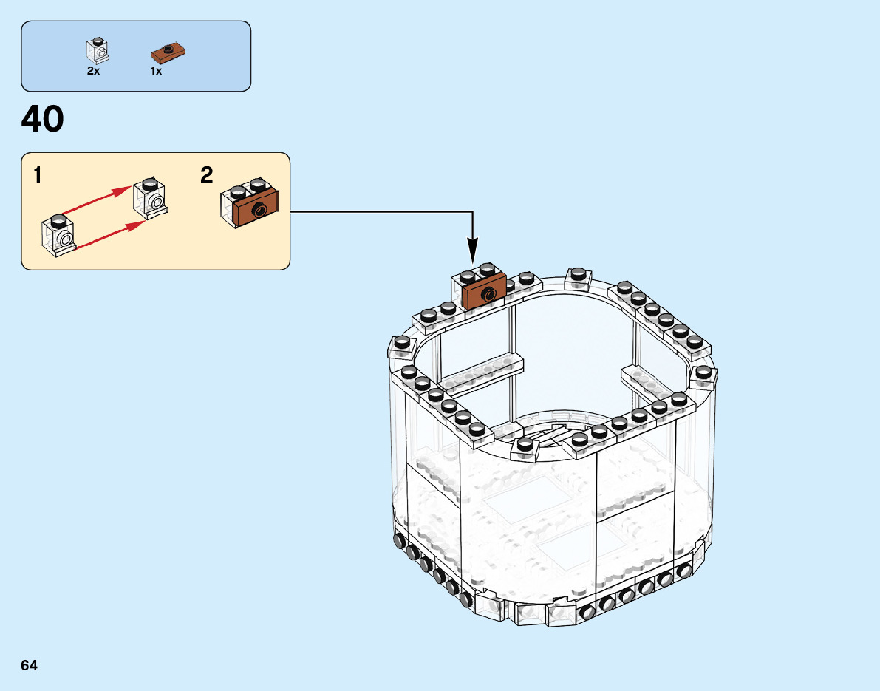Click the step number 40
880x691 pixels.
[x=43, y=120]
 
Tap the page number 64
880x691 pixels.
[x=30, y=665]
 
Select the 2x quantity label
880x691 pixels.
[x=93, y=72]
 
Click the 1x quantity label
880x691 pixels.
[x=156, y=72]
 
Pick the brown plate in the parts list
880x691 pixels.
[x=168, y=52]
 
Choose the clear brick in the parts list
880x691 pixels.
[x=97, y=48]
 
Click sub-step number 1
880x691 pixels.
[x=37, y=176]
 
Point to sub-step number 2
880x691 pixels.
[x=207, y=175]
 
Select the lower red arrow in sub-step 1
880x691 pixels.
[x=107, y=234]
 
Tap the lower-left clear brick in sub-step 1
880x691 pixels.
[x=58, y=235]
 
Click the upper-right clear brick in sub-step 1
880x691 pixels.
[x=149, y=199]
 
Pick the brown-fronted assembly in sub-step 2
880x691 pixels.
[x=250, y=203]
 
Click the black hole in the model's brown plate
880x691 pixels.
[x=488, y=295]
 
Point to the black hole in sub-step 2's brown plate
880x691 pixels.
[x=259, y=211]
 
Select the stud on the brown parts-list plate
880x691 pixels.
[x=169, y=50]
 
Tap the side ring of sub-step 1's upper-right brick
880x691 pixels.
[x=155, y=202]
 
